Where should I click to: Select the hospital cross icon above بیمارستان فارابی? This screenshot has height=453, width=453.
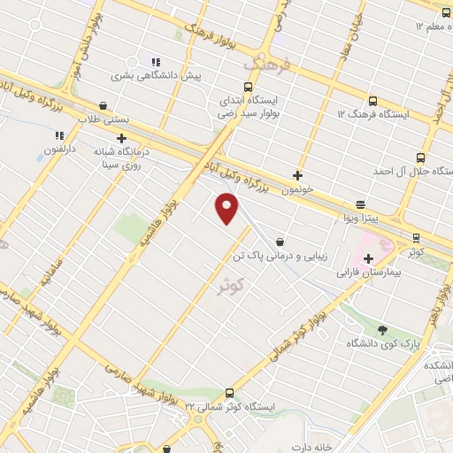368,257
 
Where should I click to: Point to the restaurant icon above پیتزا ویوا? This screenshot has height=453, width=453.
360,203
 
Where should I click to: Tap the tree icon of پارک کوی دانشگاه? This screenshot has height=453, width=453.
382,328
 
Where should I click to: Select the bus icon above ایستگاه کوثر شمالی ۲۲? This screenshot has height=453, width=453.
230,393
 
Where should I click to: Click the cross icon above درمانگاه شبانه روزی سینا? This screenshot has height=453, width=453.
121,138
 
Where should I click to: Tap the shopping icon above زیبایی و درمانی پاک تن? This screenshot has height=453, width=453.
280,242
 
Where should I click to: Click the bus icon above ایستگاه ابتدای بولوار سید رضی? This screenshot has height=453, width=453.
247,88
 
